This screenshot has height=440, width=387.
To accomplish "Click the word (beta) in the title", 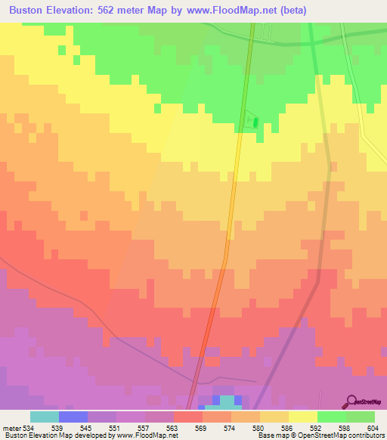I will click(x=291, y=10).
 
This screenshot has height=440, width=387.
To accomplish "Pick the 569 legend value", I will click(x=202, y=428).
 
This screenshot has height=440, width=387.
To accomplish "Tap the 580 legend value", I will click(x=259, y=428).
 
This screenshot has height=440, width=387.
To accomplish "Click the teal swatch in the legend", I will click(x=45, y=417).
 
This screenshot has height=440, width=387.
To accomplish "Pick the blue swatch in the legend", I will click(x=73, y=417).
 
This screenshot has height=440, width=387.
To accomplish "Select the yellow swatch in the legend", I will click(x=303, y=417).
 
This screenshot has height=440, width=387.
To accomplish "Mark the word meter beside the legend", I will click(x=11, y=428).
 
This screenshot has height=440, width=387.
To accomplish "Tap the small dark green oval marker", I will click(x=254, y=122).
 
